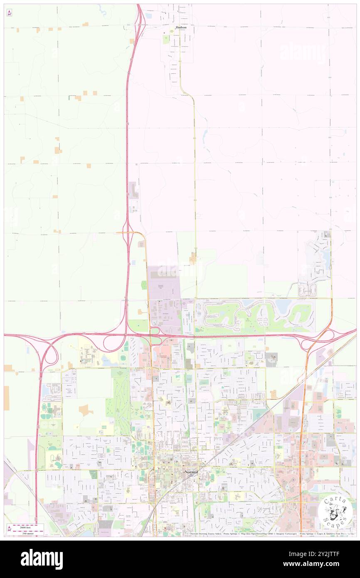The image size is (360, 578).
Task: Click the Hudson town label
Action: point(180,27)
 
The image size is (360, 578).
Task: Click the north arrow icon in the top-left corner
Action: point(9,13)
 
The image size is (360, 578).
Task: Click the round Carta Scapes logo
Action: point(335,512)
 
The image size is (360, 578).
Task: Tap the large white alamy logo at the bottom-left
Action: point(42,559)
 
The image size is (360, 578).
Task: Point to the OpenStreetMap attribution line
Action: point(270,534)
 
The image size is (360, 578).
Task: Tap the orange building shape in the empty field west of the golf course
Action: point(86,410)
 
